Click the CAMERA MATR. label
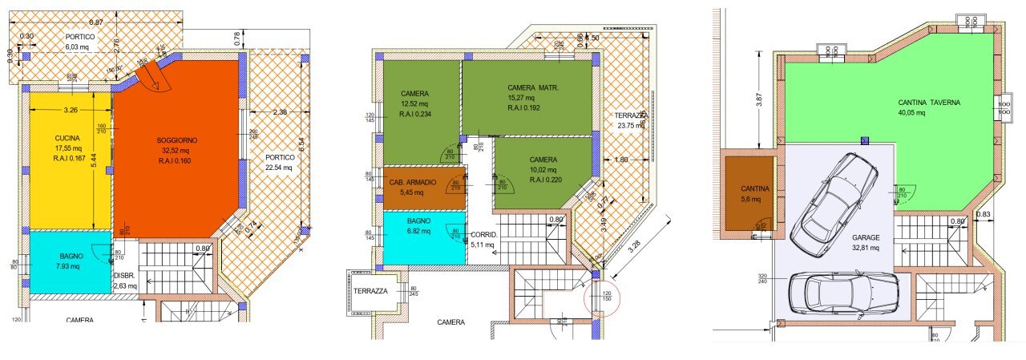click(532, 87)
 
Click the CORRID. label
click(484, 235)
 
